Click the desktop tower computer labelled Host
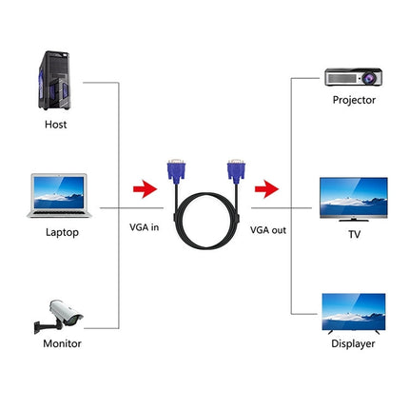(58, 71)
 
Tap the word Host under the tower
(56, 123)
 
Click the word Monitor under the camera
(62, 343)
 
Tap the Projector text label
(354, 99)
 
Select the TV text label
(354, 231)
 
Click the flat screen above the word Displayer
(354, 313)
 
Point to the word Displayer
(354, 343)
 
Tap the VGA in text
(146, 229)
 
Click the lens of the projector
(340, 76)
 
